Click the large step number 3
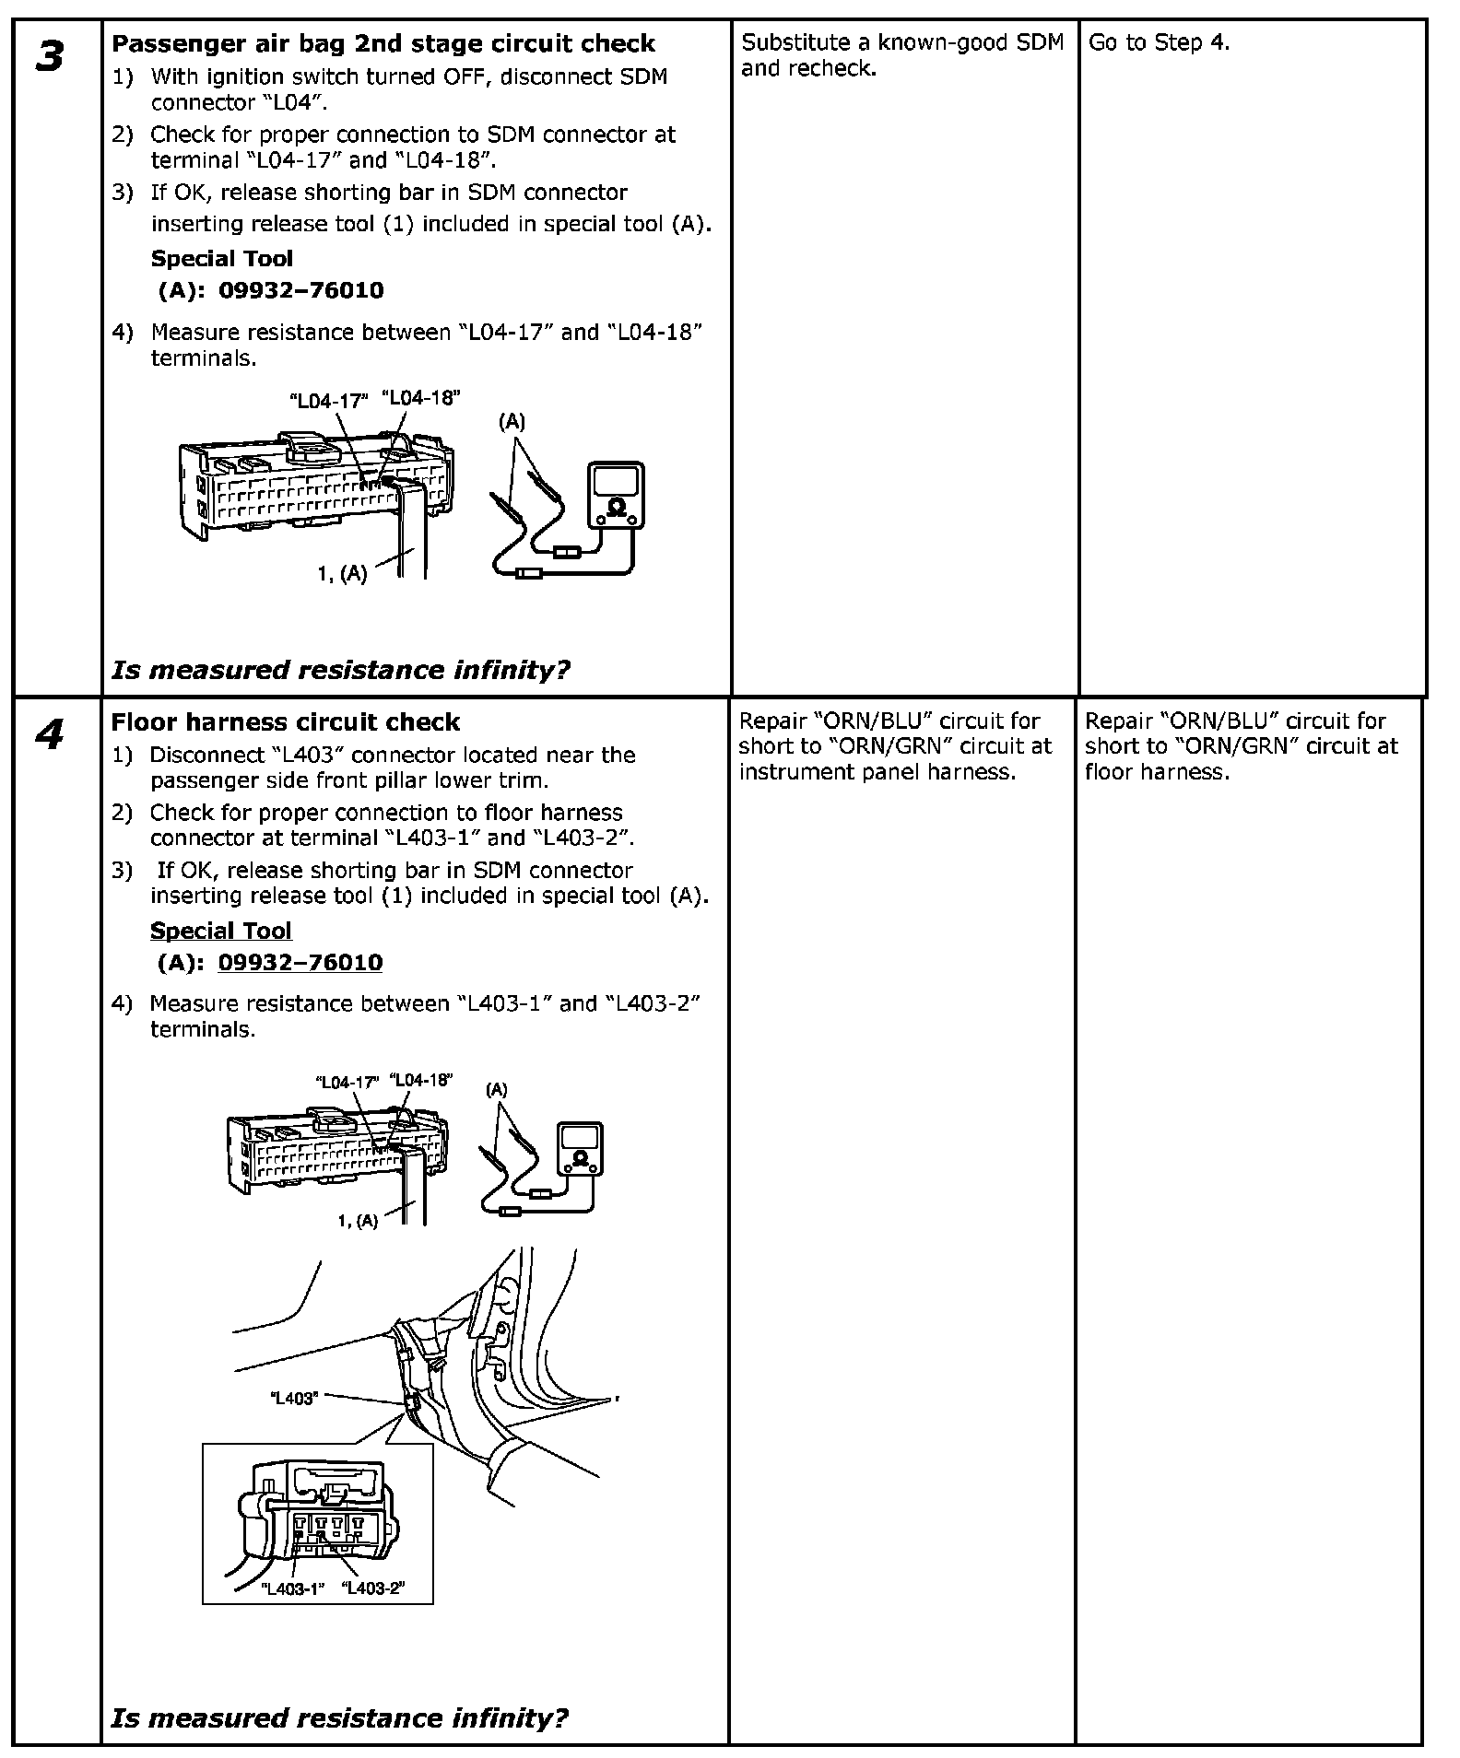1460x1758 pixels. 50,57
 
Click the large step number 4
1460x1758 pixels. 50,735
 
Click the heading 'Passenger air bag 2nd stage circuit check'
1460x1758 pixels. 383,43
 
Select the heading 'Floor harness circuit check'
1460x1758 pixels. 286,722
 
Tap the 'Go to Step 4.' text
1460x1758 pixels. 1160,42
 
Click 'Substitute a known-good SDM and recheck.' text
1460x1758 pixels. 902,55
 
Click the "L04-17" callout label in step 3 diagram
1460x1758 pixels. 329,401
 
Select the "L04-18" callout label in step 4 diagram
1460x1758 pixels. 421,1080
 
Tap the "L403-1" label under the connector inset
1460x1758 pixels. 293,1589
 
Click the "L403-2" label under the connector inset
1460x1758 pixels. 373,1589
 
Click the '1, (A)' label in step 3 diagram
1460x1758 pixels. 342,574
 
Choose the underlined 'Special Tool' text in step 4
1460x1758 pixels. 220,931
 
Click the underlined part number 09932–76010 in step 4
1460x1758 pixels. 300,963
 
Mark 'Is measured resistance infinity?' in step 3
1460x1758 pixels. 340,670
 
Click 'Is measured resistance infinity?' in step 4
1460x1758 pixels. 339,1717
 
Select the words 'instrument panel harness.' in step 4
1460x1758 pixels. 877,772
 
